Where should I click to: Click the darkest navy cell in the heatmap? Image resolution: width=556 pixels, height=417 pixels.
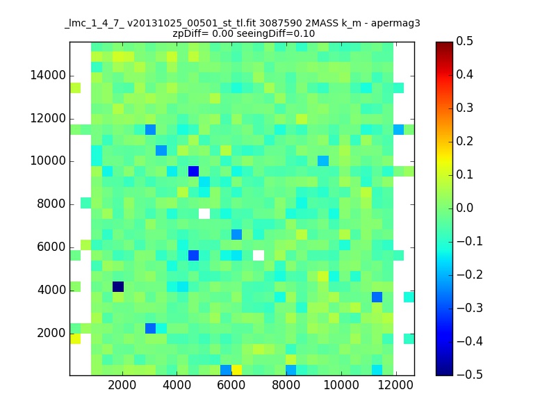click(x=118, y=286)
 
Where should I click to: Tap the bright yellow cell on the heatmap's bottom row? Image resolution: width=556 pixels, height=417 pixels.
click(x=236, y=370)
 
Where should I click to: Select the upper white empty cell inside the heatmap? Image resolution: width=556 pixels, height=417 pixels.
click(x=204, y=213)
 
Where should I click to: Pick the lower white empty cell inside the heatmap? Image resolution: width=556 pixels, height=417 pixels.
click(x=259, y=255)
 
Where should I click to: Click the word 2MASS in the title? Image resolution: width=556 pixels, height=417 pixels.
click(x=321, y=24)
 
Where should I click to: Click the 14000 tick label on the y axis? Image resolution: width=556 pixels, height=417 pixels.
click(x=48, y=76)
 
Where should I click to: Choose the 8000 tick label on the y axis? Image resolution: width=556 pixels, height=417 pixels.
click(x=51, y=204)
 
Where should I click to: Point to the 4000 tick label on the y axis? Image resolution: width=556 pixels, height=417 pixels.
click(x=51, y=290)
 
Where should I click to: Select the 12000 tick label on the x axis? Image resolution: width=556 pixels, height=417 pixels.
click(x=395, y=385)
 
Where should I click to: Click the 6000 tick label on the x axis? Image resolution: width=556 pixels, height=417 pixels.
click(x=231, y=385)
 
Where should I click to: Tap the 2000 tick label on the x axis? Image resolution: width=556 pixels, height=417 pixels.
click(x=122, y=385)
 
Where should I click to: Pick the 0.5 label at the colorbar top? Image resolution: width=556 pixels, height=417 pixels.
click(x=464, y=42)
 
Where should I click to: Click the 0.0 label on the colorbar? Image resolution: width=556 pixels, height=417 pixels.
click(x=464, y=208)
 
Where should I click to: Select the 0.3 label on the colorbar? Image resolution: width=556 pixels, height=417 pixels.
click(x=464, y=108)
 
